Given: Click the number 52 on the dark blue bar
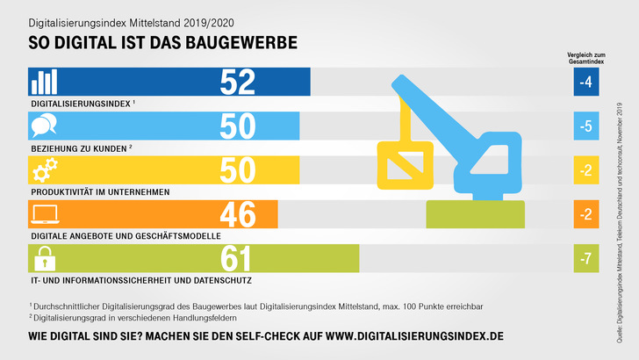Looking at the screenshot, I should (x=237, y=82).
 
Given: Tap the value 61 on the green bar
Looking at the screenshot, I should (x=237, y=258).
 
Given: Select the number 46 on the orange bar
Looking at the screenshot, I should (x=237, y=214).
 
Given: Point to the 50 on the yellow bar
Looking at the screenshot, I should (x=237, y=170).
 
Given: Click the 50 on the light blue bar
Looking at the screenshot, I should (x=237, y=126).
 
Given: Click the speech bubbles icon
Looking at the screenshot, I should (x=43, y=126).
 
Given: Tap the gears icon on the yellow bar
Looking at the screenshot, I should (x=43, y=170).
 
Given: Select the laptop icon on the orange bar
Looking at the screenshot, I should (x=43, y=214).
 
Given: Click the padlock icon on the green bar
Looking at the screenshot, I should (x=43, y=258).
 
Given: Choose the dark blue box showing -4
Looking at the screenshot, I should (x=586, y=82).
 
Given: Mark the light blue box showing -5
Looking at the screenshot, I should (x=586, y=126).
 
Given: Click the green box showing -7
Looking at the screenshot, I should (x=586, y=258).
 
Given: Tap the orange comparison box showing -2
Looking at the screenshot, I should (x=586, y=214).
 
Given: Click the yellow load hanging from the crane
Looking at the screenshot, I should (x=404, y=164).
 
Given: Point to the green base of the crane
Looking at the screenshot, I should (x=475, y=213).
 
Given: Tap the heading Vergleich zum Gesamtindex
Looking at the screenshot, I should (x=586, y=58).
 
